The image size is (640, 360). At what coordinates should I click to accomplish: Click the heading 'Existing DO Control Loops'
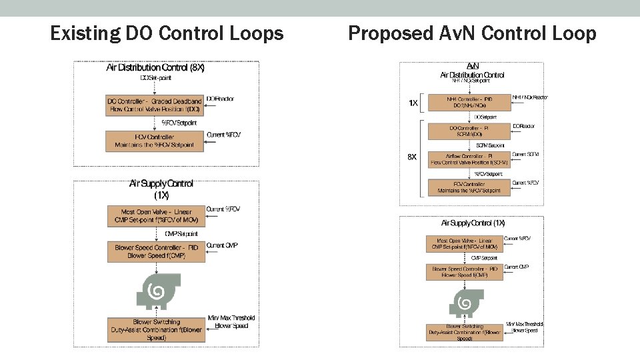click(167, 33)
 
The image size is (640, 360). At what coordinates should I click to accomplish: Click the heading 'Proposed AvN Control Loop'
click(472, 33)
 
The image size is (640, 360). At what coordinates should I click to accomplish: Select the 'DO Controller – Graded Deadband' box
click(155, 105)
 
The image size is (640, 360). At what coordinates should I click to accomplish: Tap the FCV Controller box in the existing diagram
click(155, 141)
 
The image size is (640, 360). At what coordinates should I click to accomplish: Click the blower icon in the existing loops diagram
click(155, 291)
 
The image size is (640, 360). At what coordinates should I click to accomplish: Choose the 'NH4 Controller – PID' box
click(467, 102)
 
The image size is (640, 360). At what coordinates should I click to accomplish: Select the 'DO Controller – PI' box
click(469, 131)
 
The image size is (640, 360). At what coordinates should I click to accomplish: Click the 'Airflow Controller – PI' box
click(469, 159)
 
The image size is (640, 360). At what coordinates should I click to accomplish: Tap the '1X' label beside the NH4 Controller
click(413, 103)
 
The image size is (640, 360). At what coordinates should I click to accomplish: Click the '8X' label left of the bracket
click(412, 157)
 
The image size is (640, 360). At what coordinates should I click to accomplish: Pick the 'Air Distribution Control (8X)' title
click(155, 67)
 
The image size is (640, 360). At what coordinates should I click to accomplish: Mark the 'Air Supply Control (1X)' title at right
click(473, 223)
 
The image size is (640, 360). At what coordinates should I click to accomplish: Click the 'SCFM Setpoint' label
click(490, 145)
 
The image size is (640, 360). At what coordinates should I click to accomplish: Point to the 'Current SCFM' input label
click(525, 155)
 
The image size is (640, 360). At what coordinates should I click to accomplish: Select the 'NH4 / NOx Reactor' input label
click(530, 97)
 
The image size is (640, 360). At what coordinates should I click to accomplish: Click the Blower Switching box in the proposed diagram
click(465, 332)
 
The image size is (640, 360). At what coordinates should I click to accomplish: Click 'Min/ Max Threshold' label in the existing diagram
click(231, 318)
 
